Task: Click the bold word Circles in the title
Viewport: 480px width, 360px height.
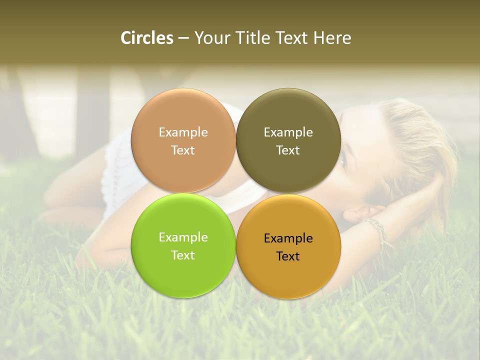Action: (x=147, y=38)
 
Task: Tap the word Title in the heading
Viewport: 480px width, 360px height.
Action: (x=250, y=38)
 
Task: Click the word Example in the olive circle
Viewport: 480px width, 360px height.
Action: (x=288, y=132)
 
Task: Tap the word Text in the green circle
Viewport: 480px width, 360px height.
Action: (x=183, y=255)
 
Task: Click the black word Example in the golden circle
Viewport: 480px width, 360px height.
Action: (x=288, y=238)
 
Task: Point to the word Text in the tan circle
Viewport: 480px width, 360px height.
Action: (x=183, y=150)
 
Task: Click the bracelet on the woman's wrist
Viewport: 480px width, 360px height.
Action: (x=377, y=231)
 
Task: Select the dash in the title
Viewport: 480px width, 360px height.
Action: (x=183, y=38)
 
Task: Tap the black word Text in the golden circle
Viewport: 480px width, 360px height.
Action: (x=288, y=256)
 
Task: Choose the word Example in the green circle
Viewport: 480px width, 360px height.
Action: (x=183, y=237)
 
